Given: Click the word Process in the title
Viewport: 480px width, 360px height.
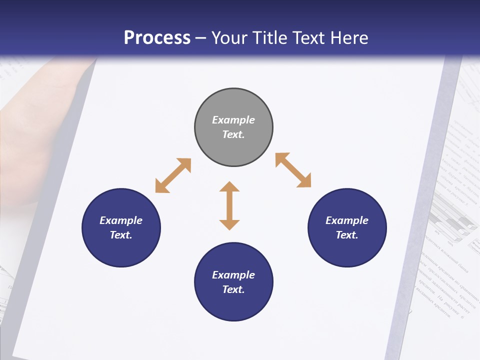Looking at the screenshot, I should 157,38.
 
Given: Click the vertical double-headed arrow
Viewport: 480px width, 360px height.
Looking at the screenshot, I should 229,205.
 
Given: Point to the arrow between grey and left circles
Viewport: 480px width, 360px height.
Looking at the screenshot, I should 173,175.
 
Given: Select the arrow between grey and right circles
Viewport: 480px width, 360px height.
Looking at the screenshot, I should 293,170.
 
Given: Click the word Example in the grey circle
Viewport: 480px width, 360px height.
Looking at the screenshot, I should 233,120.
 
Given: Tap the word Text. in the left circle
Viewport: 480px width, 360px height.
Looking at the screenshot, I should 121,235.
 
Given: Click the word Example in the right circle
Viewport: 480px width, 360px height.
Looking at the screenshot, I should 347,220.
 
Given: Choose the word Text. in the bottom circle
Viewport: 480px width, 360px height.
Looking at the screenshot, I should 233,289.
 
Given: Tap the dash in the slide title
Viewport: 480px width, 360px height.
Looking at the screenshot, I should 201,38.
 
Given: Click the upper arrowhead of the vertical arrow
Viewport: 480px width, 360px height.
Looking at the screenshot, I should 229,188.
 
